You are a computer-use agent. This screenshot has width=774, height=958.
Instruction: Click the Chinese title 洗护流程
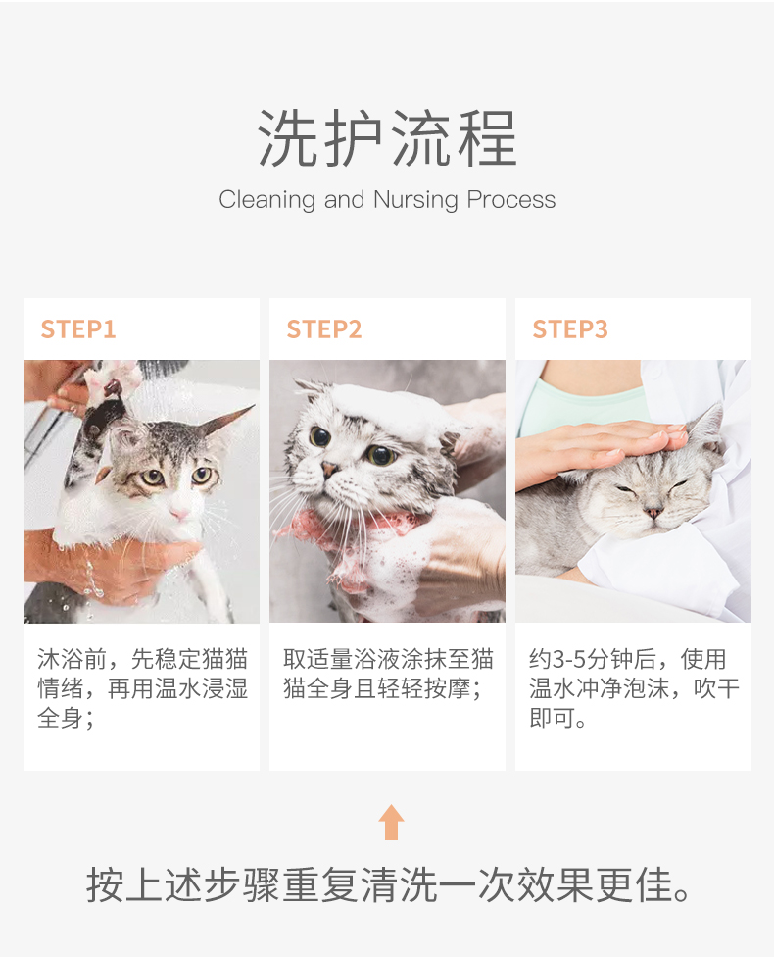click(387, 138)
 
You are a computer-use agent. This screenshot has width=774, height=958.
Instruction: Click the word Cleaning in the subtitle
click(266, 200)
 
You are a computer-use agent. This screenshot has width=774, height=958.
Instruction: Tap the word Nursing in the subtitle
click(415, 200)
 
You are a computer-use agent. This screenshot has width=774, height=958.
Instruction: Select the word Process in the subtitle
click(510, 200)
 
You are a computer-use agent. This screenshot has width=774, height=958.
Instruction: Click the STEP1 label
click(78, 329)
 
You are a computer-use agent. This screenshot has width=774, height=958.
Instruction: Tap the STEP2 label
click(324, 329)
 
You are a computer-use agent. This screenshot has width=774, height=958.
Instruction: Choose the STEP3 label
click(570, 329)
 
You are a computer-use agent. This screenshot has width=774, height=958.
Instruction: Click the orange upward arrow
click(391, 822)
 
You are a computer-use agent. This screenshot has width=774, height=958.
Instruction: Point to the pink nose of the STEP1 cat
click(179, 513)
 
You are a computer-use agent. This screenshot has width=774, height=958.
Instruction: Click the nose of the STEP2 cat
click(329, 470)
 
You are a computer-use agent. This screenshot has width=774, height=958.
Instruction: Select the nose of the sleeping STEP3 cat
click(653, 512)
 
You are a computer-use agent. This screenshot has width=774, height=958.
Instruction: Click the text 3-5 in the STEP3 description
click(568, 659)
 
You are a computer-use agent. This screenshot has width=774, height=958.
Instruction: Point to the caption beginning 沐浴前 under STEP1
click(142, 688)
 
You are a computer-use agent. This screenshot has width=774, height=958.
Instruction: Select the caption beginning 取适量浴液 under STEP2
click(388, 674)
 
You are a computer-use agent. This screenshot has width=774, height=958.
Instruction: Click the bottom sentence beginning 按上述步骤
click(388, 884)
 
